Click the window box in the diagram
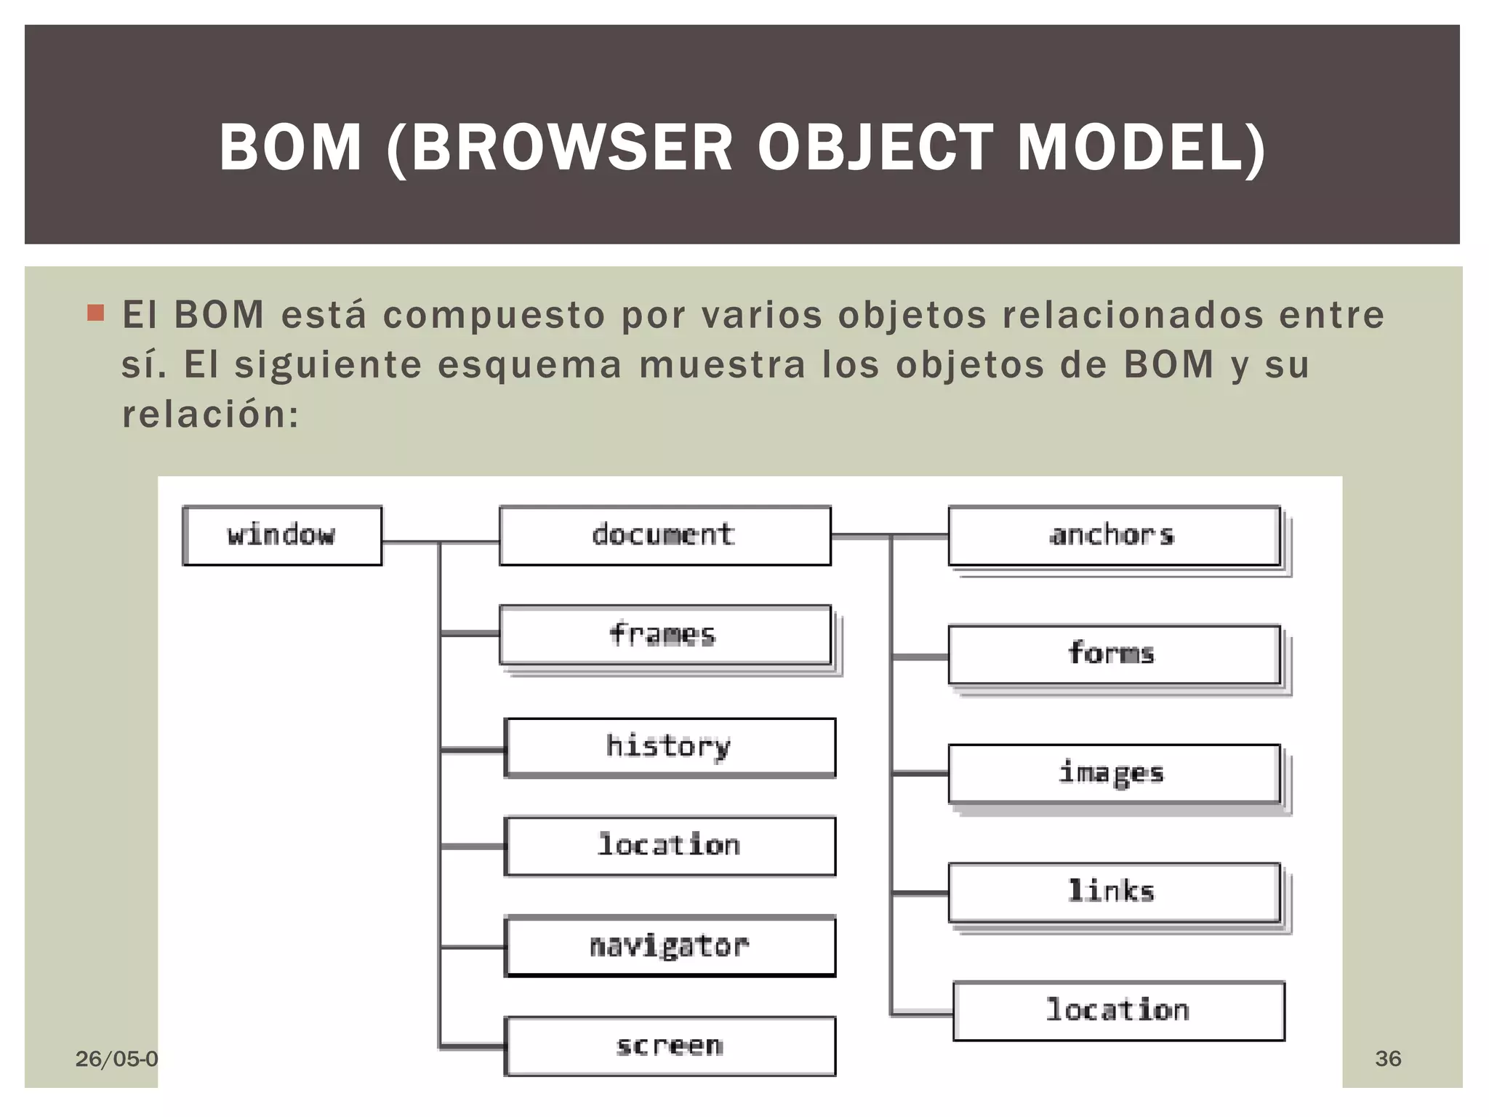[282, 535]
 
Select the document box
[665, 535]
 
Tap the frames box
[665, 635]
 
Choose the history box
[670, 747]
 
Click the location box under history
[670, 846]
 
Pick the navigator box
[670, 946]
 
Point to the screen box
[670, 1046]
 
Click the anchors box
[1114, 535]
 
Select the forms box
[1114, 654]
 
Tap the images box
[1114, 773]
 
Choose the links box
[1114, 892]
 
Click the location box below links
[1119, 1011]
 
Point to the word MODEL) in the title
[1141, 148]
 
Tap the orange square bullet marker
[95, 313]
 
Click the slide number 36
[1388, 1058]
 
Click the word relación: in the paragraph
[210, 415]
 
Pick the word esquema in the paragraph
[529, 365]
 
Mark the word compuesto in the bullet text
[494, 316]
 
